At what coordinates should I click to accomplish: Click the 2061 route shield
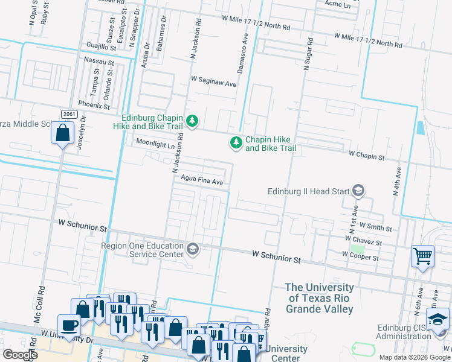(68, 114)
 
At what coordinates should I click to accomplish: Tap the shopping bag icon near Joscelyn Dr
(63, 133)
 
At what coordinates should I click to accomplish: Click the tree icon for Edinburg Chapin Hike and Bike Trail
(192, 122)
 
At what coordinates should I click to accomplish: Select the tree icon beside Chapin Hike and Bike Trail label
(235, 143)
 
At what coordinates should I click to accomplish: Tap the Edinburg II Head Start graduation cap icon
(358, 191)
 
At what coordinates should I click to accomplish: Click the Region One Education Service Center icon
(193, 249)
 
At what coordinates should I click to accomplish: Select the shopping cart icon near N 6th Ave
(422, 255)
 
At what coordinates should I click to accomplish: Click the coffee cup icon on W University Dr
(69, 325)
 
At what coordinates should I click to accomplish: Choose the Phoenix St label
(94, 106)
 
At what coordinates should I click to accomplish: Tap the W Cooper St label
(360, 257)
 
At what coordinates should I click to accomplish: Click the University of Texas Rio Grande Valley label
(319, 298)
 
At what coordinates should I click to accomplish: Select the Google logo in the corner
(19, 355)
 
